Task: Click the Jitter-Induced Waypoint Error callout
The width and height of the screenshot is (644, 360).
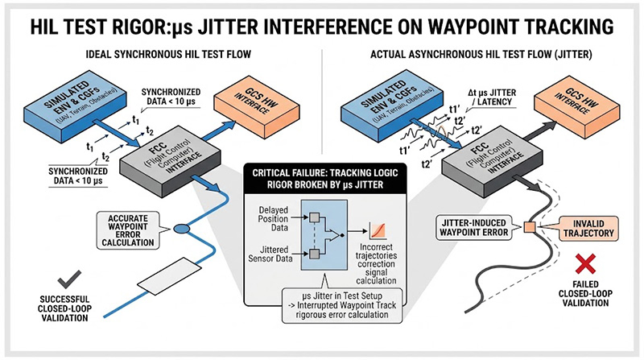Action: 472,229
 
